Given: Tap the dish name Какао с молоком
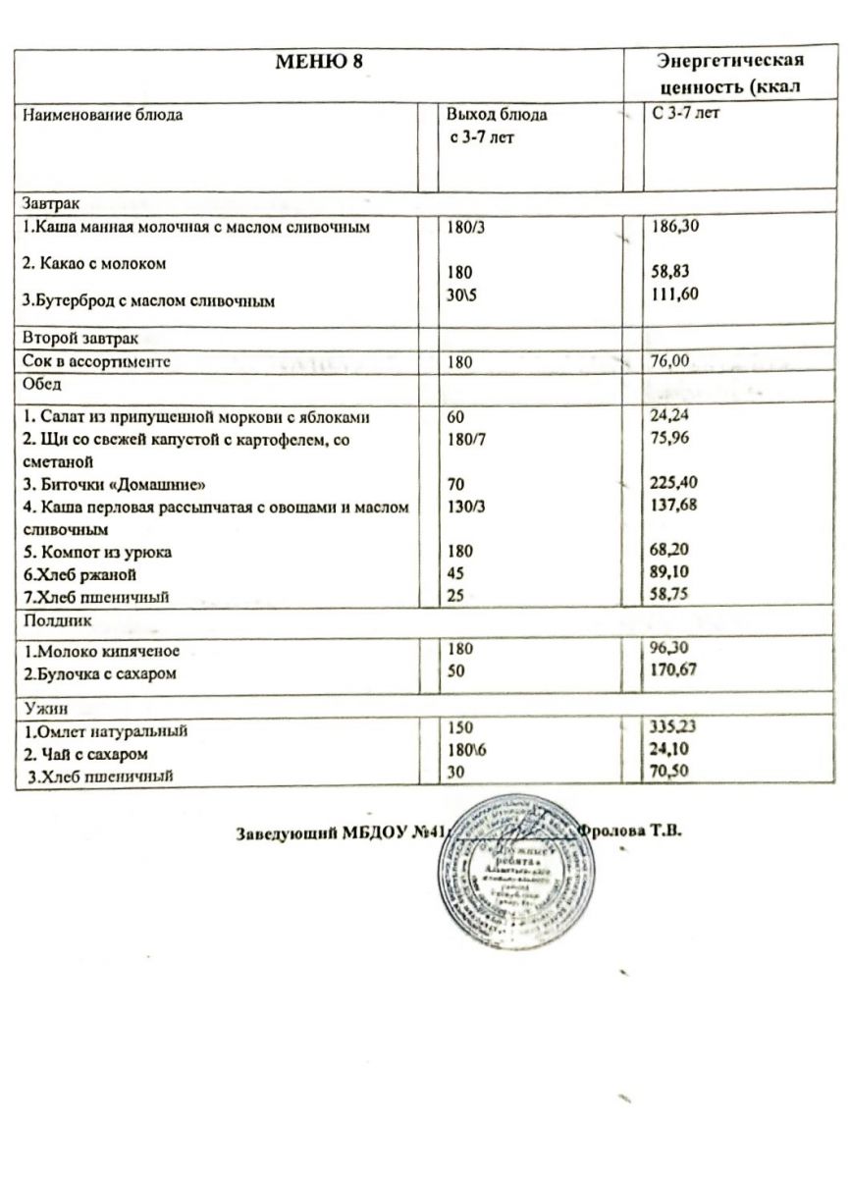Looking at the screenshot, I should tap(95, 264).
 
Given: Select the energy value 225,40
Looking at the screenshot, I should tap(676, 483).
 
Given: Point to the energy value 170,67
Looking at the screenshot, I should tap(676, 671).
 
